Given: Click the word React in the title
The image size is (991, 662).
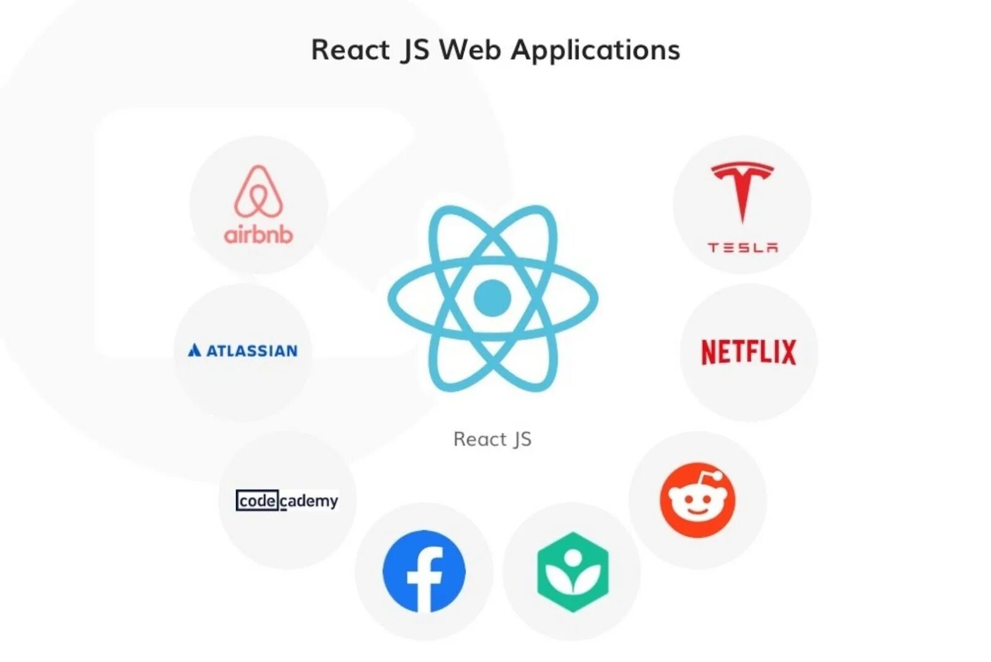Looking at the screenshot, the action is [350, 50].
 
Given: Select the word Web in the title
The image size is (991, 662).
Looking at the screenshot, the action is [470, 50].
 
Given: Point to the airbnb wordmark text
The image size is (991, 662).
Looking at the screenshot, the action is [258, 235].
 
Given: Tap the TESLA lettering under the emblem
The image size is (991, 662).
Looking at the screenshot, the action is [743, 248].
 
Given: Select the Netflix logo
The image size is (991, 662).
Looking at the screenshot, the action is [748, 352].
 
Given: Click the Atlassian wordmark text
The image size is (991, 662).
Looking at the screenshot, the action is [251, 351].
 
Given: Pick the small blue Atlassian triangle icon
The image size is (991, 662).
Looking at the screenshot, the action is [194, 351].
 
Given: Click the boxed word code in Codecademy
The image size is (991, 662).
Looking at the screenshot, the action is [257, 500].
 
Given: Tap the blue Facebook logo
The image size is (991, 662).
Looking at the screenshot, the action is [424, 571].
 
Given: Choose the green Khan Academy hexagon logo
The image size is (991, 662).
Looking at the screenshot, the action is [572, 572].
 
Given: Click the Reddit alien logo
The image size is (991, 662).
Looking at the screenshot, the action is [697, 500].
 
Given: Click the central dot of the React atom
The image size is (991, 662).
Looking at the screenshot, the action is [492, 298].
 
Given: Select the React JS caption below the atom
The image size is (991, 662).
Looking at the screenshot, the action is [492, 439].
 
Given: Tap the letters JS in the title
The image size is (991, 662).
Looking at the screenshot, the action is [415, 50].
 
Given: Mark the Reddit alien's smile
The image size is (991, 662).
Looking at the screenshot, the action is [697, 512].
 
